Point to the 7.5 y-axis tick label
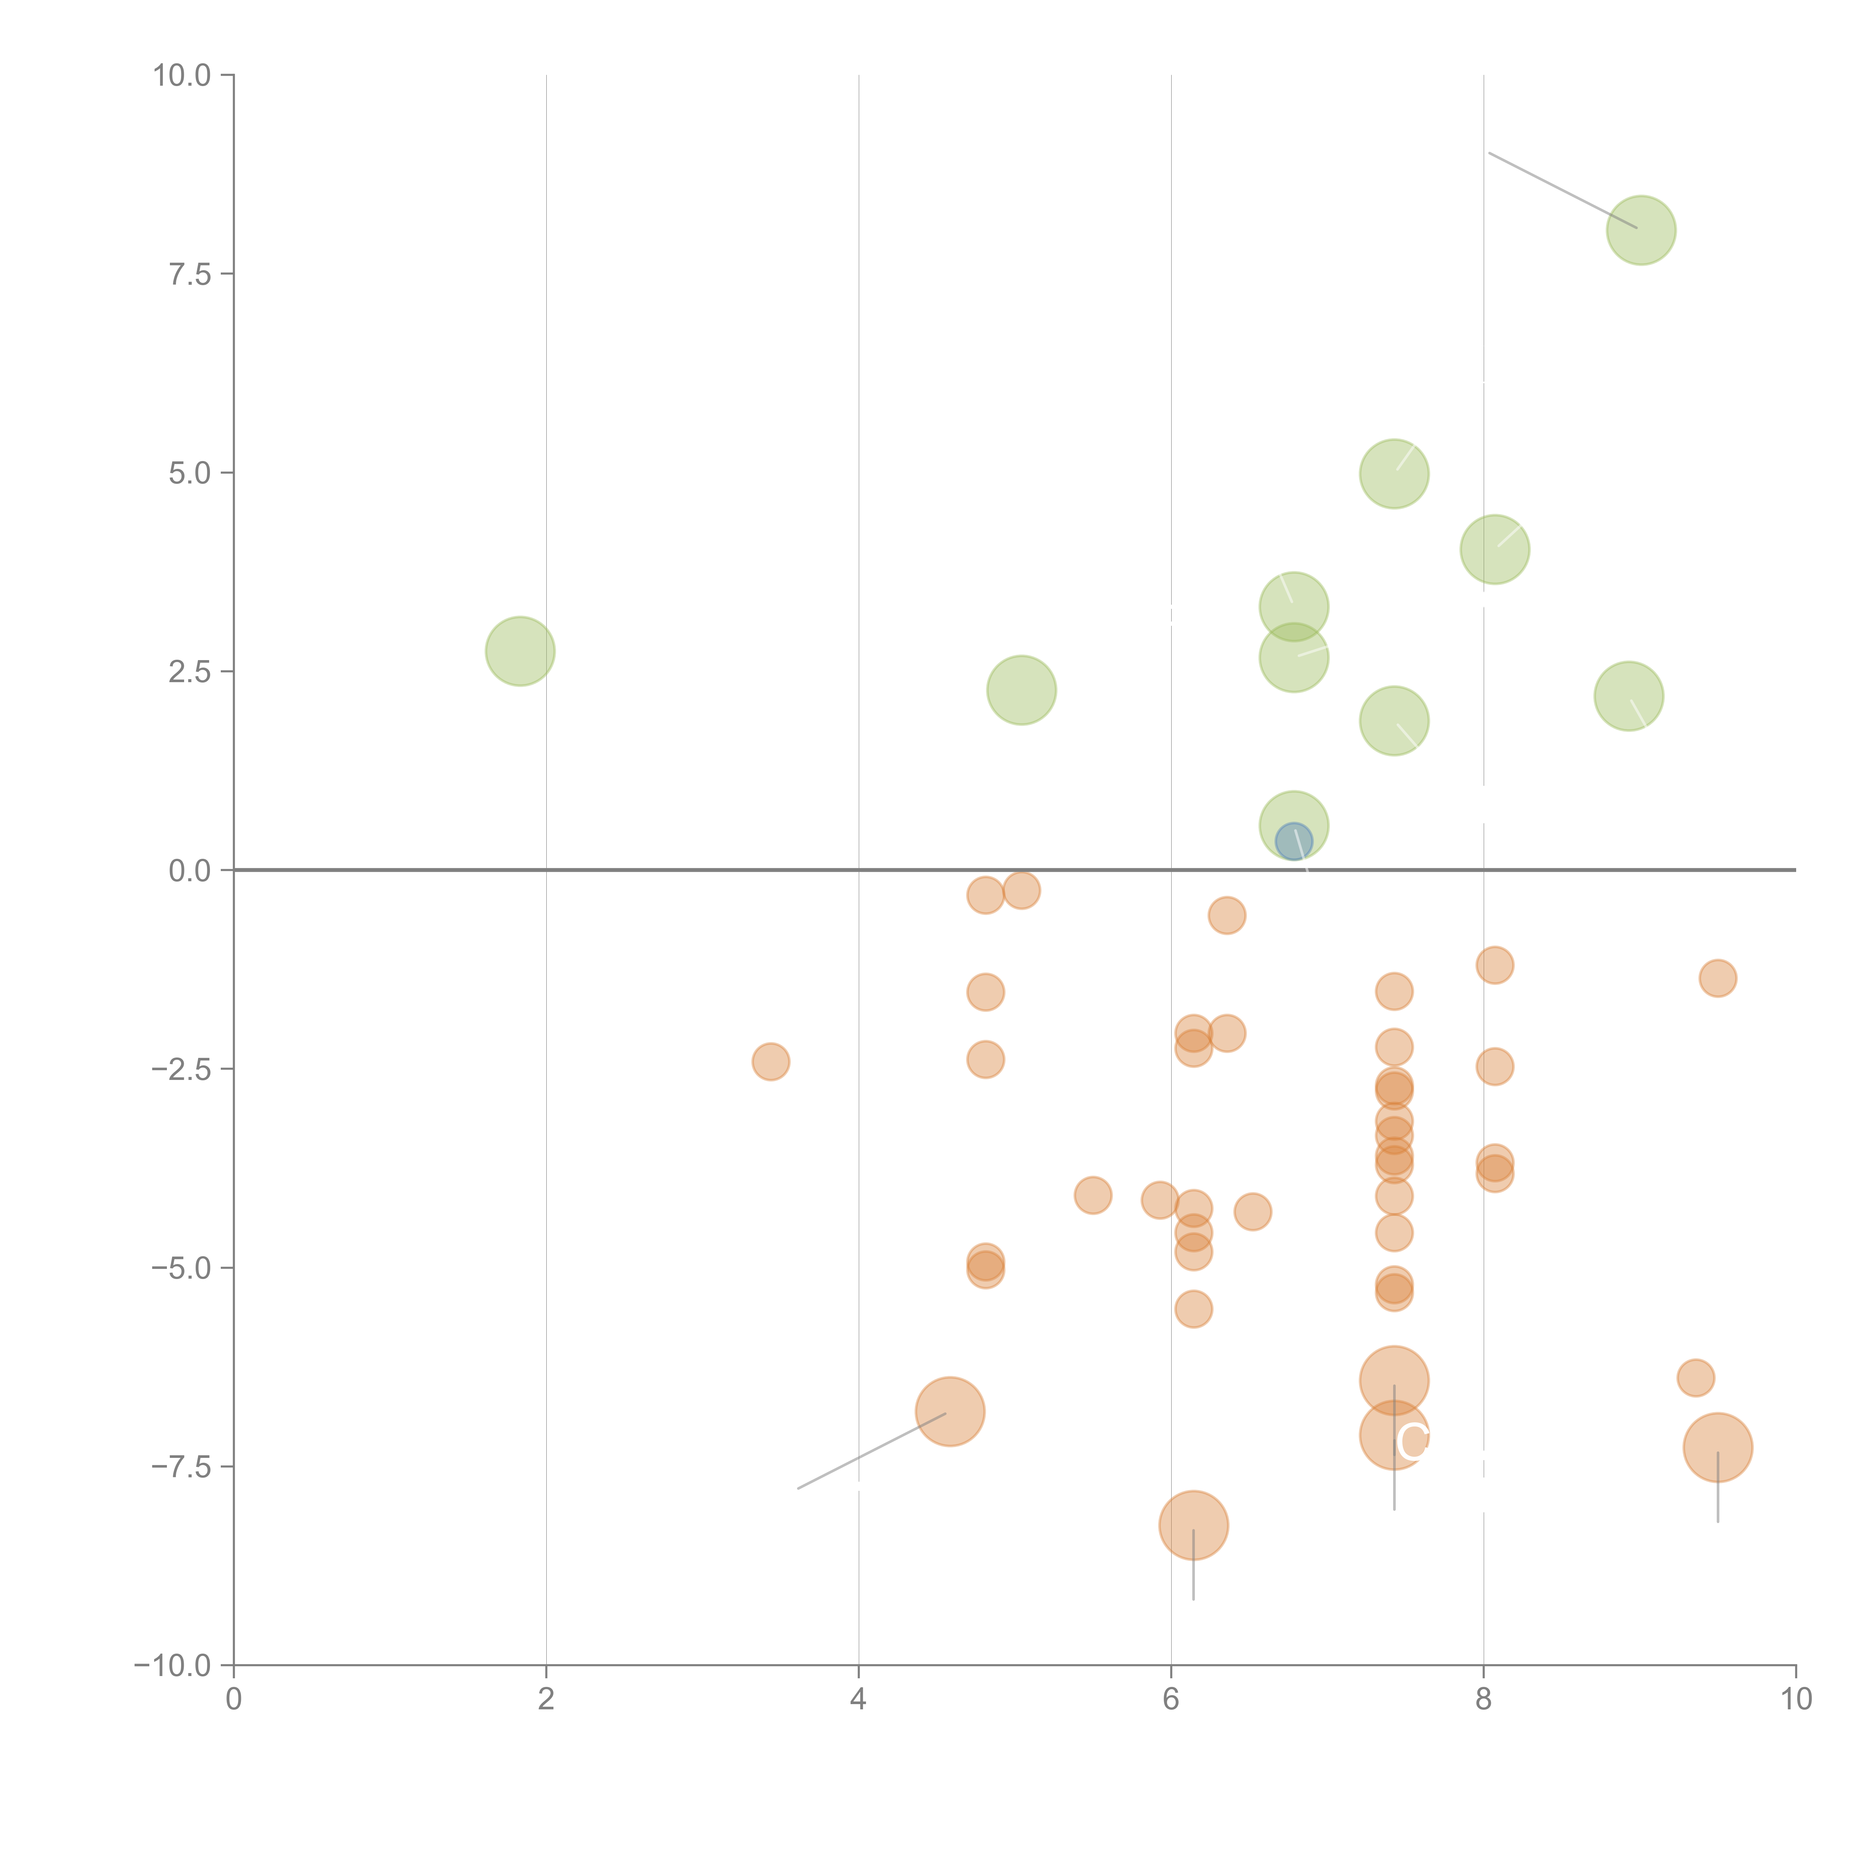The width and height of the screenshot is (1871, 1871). (x=190, y=274)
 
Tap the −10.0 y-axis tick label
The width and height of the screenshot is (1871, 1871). (x=173, y=1666)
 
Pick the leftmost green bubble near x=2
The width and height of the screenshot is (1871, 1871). (x=520, y=651)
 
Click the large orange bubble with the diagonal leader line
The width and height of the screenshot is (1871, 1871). (x=950, y=1411)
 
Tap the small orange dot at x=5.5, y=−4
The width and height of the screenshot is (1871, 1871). (x=1092, y=1195)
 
